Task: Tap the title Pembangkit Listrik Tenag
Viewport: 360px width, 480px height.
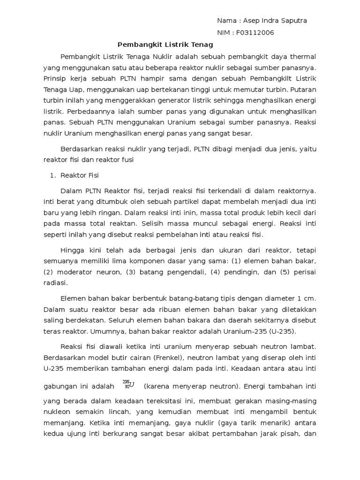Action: coord(165,45)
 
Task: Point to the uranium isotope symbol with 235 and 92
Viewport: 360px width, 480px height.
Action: coord(128,385)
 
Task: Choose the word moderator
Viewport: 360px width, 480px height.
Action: coord(76,271)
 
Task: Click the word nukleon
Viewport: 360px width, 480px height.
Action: coord(58,412)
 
